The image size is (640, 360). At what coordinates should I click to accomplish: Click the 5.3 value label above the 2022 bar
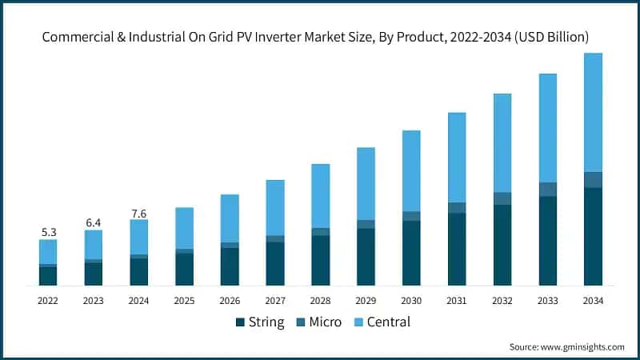(48, 232)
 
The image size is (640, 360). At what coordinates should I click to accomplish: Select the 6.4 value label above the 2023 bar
(94, 222)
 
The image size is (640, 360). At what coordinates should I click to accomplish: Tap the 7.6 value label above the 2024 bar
(139, 213)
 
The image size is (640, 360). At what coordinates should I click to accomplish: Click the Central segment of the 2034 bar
(593, 112)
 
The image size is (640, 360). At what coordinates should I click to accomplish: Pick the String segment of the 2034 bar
(593, 237)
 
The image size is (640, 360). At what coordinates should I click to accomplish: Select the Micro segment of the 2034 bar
(593, 180)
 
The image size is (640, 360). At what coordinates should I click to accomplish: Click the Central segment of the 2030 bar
(411, 170)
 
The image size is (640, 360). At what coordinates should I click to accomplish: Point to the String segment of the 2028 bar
(321, 261)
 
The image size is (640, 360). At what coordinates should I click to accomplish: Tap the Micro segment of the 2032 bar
(502, 198)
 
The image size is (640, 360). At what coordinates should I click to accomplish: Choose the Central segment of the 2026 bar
(230, 218)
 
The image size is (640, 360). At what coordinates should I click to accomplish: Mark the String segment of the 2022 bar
(48, 276)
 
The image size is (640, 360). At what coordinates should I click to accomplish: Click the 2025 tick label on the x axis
(184, 301)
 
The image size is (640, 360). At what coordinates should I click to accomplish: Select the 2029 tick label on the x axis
(366, 301)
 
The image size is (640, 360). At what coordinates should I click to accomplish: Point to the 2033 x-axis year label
(547, 301)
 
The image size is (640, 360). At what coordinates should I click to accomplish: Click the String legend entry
(260, 322)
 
